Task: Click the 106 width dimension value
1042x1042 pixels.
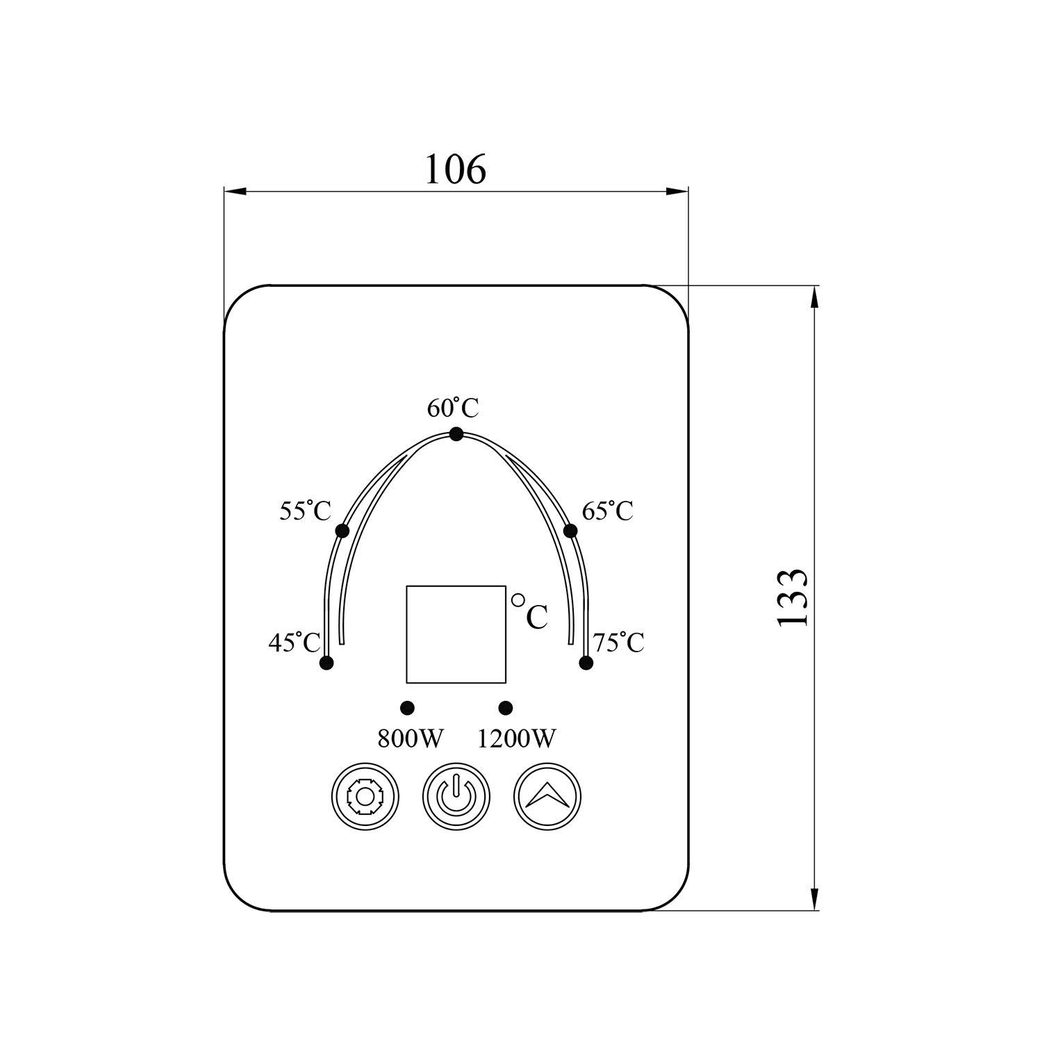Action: point(455,169)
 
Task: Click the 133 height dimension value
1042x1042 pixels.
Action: point(793,597)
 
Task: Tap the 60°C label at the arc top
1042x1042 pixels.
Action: point(453,408)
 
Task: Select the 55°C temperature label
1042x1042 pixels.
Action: point(305,511)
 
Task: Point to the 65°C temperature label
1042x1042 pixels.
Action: point(608,511)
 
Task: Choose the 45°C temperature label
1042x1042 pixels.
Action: point(295,642)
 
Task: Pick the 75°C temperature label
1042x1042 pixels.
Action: point(618,642)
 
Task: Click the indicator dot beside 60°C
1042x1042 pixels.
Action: point(456,434)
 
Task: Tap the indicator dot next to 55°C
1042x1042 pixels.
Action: point(342,531)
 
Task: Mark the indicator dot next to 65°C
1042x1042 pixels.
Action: point(570,531)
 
